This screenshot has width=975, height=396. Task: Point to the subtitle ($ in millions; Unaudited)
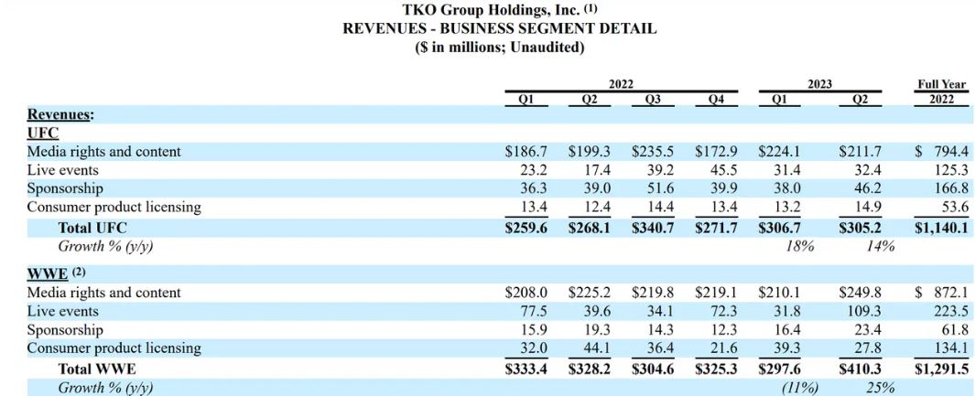point(500,47)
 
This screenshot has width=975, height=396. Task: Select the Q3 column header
point(653,100)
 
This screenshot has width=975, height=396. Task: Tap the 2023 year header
point(819,84)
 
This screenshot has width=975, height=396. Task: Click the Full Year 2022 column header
point(942,92)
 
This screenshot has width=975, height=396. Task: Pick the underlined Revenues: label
point(61,114)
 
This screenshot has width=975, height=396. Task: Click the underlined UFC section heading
point(43,133)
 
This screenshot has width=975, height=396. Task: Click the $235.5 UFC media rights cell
point(653,152)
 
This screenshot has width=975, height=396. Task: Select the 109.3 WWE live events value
point(862,312)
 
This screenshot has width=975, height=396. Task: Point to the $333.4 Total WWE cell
point(525,369)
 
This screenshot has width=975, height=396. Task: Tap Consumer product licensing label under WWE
point(114,348)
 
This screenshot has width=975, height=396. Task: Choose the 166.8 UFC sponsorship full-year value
point(948,188)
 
